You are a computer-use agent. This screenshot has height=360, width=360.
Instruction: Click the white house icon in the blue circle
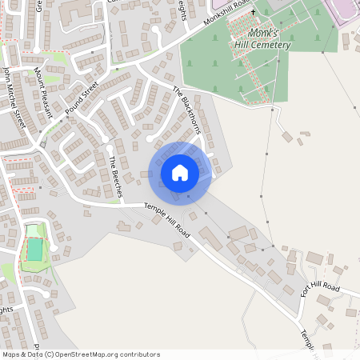180,173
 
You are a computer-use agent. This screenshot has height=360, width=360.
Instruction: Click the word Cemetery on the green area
268,46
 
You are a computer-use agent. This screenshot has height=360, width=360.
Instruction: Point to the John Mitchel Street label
14,96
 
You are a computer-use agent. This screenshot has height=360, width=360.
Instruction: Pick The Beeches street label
114,177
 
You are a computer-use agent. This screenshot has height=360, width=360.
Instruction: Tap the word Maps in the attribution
12,354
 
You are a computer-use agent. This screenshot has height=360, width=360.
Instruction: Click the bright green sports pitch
34,250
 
